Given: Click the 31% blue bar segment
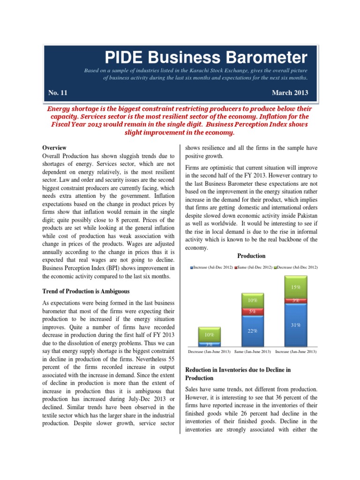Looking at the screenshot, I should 296,325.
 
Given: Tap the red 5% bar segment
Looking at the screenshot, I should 252,311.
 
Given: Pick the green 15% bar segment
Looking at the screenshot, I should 296,287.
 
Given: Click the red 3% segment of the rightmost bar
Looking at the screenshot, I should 296,300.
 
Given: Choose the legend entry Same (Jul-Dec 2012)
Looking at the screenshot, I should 254,267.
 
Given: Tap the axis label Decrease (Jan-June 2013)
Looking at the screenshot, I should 208,351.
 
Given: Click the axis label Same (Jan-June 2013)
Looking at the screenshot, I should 252,351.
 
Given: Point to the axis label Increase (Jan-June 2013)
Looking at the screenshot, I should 296,351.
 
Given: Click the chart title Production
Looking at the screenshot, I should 251,256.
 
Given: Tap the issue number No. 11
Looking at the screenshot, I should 58,92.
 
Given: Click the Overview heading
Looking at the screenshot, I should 54,148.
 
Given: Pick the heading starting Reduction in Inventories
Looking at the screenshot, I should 238,374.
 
